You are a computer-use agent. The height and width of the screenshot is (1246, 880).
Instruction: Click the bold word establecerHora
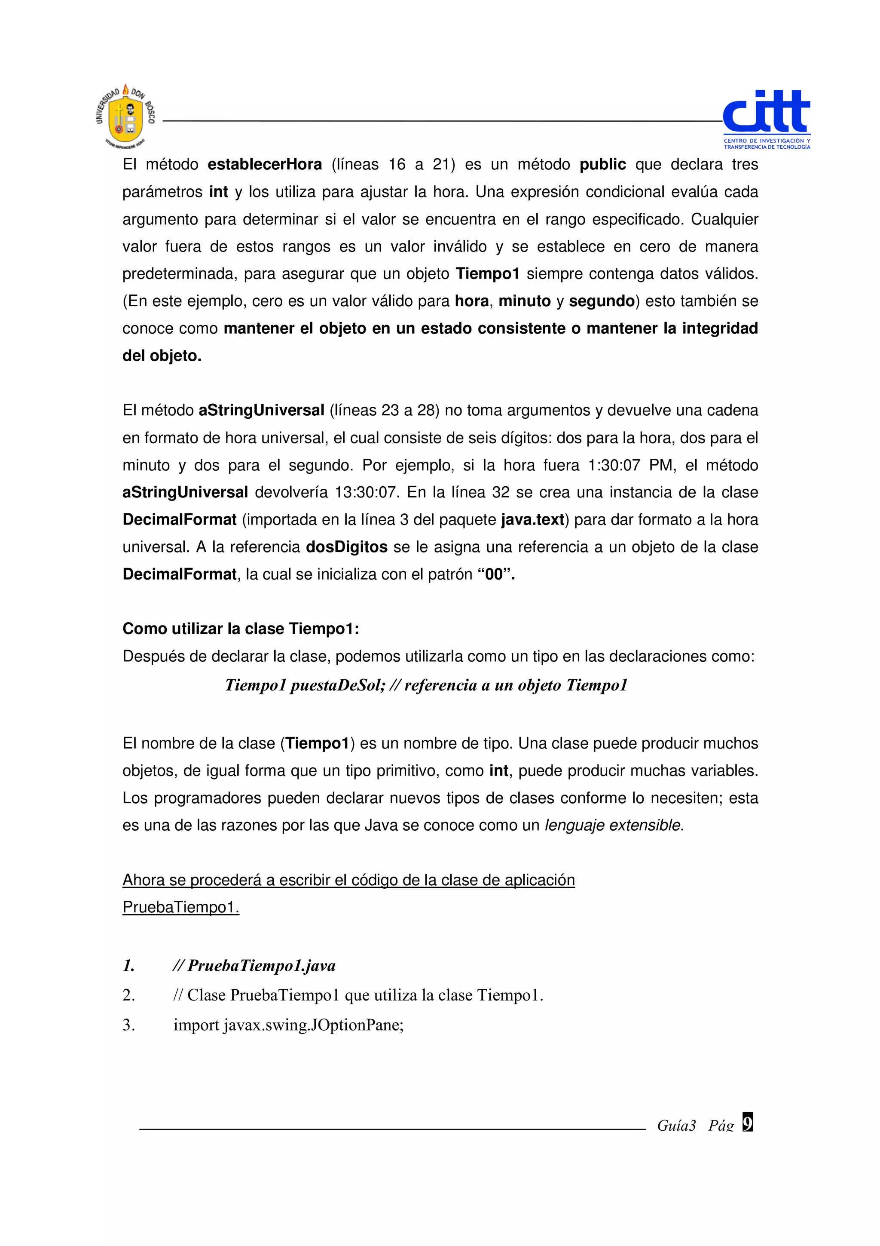tap(265, 164)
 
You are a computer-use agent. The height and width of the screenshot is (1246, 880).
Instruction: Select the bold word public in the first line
tap(602, 164)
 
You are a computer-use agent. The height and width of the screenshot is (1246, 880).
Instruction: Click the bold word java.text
tap(532, 519)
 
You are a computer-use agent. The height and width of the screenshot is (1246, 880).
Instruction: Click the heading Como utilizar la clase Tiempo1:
tap(241, 629)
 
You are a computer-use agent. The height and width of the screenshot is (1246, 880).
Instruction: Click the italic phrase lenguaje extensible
tap(614, 825)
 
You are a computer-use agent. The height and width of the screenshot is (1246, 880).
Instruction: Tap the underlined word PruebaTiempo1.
tap(180, 907)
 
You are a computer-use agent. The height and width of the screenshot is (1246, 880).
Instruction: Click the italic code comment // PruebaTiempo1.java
tap(254, 965)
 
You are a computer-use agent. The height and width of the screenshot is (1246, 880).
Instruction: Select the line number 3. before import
tap(128, 1025)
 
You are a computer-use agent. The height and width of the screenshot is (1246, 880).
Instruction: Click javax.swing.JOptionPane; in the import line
tap(313, 1025)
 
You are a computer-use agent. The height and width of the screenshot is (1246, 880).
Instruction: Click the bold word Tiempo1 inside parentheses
tap(317, 743)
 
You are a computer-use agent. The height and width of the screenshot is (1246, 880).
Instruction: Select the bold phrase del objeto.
tap(162, 356)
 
